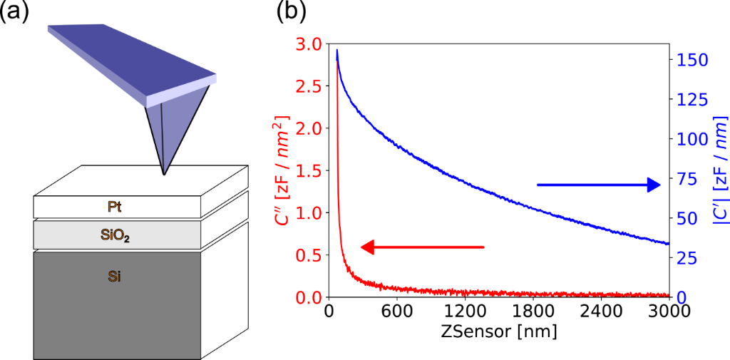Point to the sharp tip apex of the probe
coord(165,174)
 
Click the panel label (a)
coord(15,12)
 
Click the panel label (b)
coord(294,12)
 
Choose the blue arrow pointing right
coord(599,185)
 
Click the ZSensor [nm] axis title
coord(499,333)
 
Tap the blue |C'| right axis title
coord(716,170)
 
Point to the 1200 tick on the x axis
coord(466,312)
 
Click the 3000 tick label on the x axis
coord(669,312)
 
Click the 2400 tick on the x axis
coord(601,312)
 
